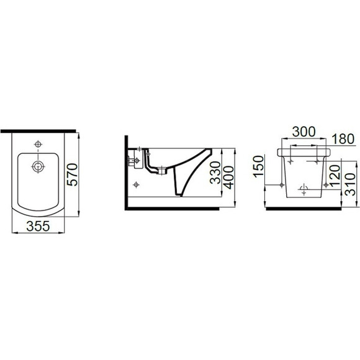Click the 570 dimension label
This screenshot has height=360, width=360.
point(73,174)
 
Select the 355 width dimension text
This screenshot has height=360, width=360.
point(38,226)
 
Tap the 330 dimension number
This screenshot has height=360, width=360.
point(215,173)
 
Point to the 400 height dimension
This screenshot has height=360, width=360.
point(228,178)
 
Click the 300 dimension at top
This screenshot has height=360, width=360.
point(304,132)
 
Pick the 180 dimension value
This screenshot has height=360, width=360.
point(343,139)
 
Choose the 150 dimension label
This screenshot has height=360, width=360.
point(259,166)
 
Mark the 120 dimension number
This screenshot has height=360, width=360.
point(335,176)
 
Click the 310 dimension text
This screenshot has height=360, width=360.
point(350,184)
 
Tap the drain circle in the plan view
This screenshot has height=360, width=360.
point(38,166)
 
